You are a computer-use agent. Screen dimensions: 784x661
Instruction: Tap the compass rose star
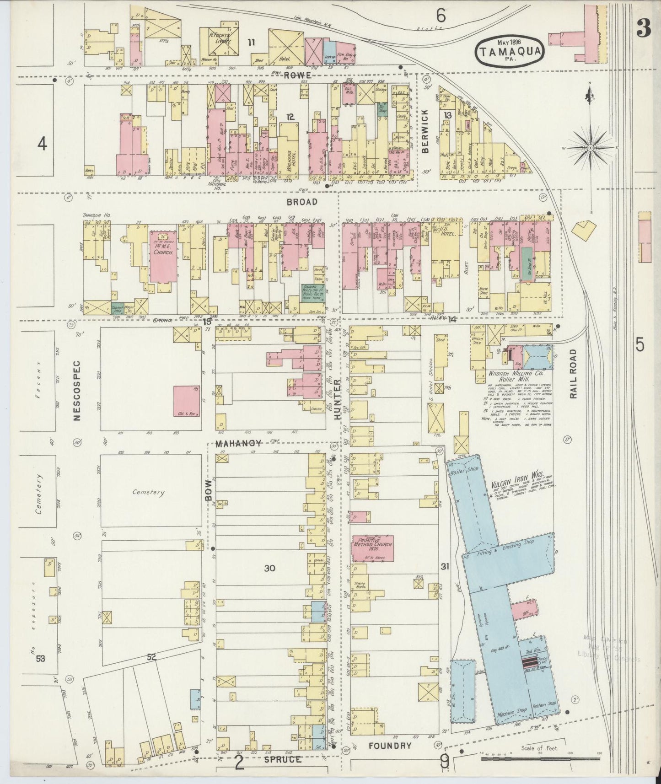[x=590, y=147]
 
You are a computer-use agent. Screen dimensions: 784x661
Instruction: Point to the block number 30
[x=269, y=568]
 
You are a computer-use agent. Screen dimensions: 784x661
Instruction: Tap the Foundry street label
[x=390, y=746]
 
